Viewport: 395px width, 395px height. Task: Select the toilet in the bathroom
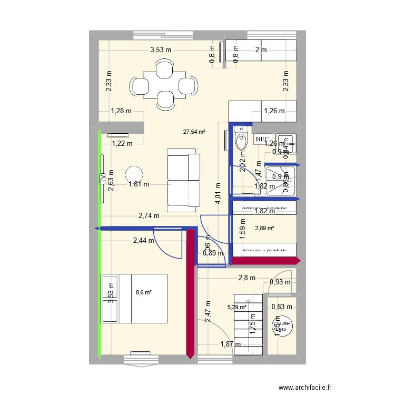click(241, 141)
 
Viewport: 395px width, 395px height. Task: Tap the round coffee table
click(134, 175)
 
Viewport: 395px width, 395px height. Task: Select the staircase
click(248, 325)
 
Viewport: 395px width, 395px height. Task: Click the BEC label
click(262, 140)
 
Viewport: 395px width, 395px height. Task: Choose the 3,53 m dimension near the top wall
click(161, 50)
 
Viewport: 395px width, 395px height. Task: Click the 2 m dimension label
click(261, 50)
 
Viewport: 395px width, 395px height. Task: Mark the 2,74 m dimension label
click(149, 215)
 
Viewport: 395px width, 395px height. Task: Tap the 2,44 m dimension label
click(143, 241)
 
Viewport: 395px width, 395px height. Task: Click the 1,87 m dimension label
click(230, 344)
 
